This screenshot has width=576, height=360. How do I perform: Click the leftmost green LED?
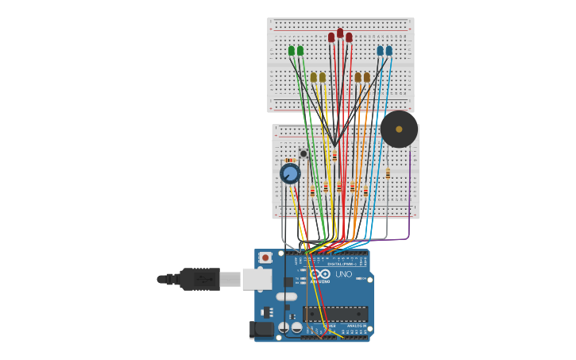292,51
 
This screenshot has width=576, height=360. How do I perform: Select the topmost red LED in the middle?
340,33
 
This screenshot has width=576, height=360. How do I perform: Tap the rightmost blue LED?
389,51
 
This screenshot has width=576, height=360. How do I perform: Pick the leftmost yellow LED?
314,77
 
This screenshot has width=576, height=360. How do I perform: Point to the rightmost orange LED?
367,77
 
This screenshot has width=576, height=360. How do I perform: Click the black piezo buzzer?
399,129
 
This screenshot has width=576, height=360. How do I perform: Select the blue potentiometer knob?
290,173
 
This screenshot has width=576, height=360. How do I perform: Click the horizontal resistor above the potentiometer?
289,160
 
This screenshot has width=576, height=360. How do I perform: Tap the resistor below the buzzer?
388,173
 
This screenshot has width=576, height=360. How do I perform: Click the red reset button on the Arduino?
265,257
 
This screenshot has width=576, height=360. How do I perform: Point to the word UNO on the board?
344,274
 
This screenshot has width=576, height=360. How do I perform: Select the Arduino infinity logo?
319,274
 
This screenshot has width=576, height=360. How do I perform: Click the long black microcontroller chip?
335,314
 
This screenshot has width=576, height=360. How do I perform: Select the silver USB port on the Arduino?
257,279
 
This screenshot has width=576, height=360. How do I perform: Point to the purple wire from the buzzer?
409,207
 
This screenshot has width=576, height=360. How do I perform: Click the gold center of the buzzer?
399,129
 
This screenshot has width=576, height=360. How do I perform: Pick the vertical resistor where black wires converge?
334,157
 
